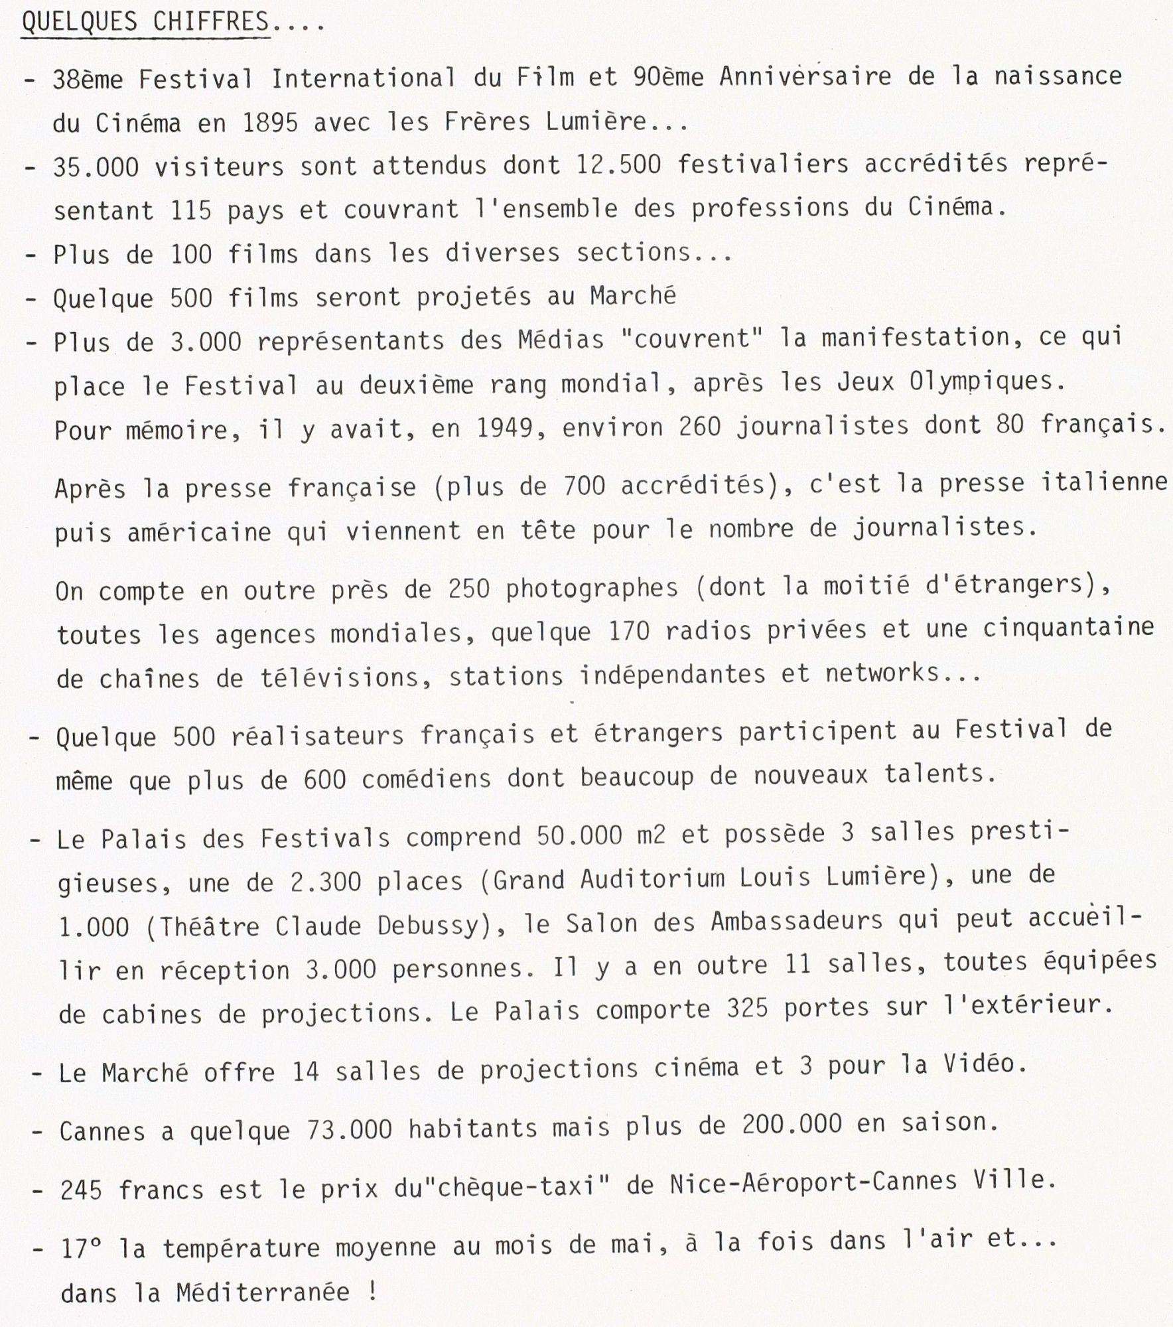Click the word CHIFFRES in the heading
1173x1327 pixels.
pyautogui.click(x=211, y=23)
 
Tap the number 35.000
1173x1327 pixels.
pyautogui.click(x=96, y=167)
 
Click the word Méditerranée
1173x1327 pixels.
pyautogui.click(x=262, y=1292)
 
